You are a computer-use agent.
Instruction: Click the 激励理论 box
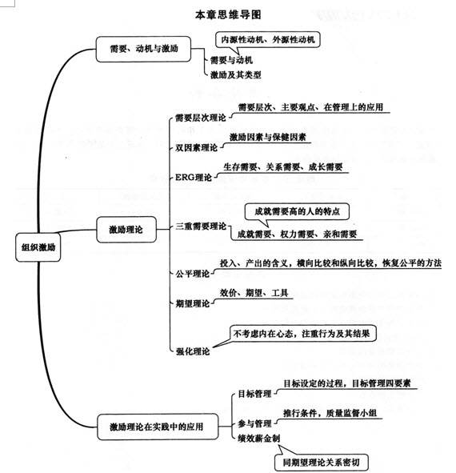coord(126,230)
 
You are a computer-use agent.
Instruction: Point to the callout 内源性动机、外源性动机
coord(267,38)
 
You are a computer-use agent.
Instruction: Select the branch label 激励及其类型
coord(235,74)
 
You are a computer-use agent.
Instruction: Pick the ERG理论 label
coord(194,178)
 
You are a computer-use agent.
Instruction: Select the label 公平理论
coord(191,273)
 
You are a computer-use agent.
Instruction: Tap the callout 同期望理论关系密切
coord(322,461)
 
